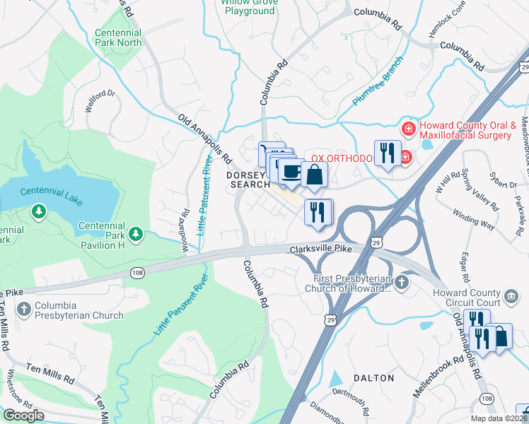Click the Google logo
pyautogui.click(x=23, y=416)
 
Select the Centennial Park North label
pyautogui.click(x=120, y=38)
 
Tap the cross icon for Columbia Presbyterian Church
pyautogui.click(x=25, y=309)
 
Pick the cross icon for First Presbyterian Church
pyautogui.click(x=402, y=283)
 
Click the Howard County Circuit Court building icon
pyautogui.click(x=511, y=295)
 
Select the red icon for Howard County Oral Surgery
pyautogui.click(x=408, y=129)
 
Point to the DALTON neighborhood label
pyautogui.click(x=373, y=378)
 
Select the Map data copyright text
pyautogui.click(x=499, y=418)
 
